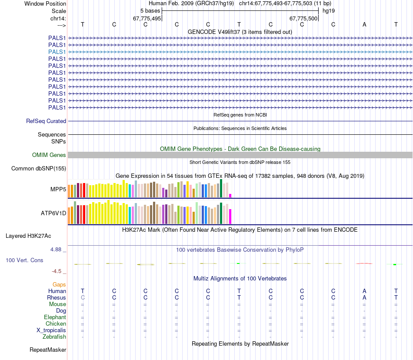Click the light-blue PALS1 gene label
point(57,52)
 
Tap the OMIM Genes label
point(49,155)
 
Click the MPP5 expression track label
point(58,190)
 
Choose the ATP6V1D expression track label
point(53,213)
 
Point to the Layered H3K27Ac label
point(28,237)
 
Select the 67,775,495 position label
point(147,19)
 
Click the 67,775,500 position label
point(304,19)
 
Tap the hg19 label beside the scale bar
point(328,10)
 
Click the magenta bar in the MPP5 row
point(230,195)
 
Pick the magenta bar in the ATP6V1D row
point(230,216)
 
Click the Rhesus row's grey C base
point(83,298)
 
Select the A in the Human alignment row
point(364,291)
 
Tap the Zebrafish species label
point(54,337)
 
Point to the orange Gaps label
point(59,284)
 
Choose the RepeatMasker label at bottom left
point(48,350)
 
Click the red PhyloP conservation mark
point(364,263)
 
